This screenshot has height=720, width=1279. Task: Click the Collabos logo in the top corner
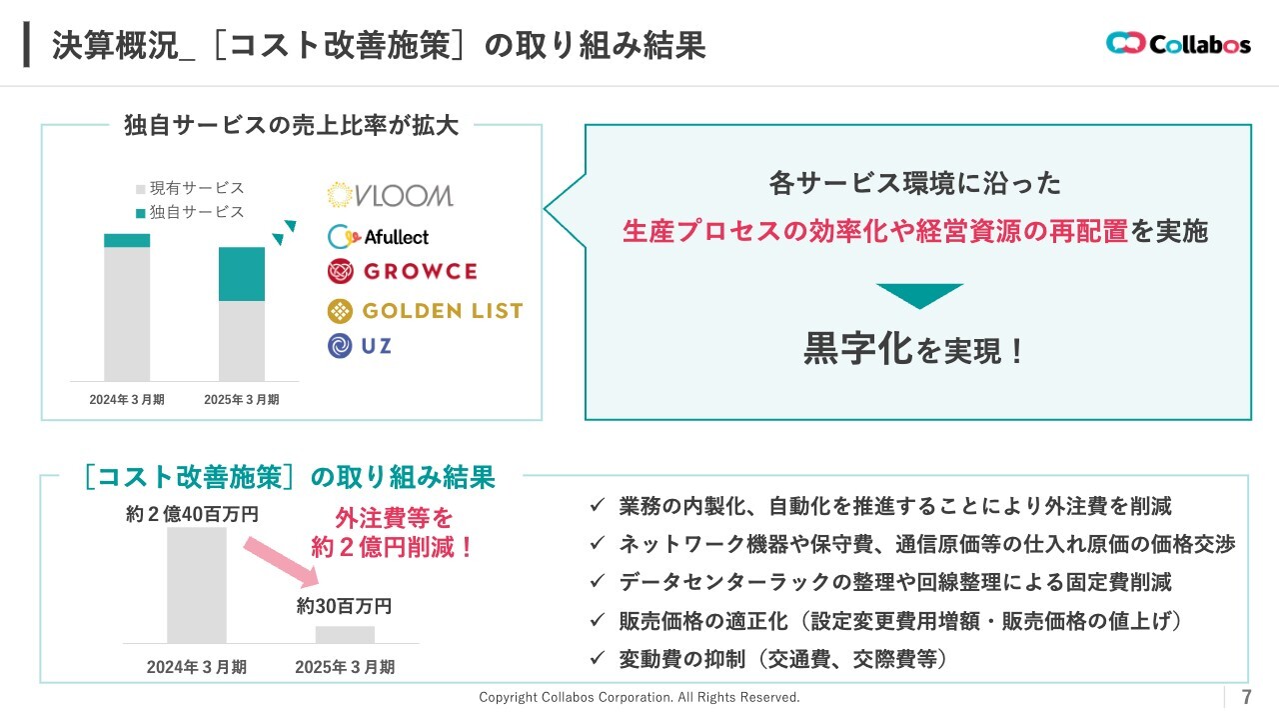point(1178,43)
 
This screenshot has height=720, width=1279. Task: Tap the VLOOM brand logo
point(391,195)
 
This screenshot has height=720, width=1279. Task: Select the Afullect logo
point(378,237)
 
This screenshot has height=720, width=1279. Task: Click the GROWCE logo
point(403,271)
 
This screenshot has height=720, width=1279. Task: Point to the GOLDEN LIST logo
point(425,311)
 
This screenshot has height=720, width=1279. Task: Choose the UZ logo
point(360,346)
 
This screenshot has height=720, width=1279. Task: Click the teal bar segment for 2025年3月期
point(242,274)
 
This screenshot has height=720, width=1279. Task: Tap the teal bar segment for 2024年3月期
point(127,241)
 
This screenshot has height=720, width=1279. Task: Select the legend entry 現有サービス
point(190,188)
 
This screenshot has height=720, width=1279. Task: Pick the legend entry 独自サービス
point(190,213)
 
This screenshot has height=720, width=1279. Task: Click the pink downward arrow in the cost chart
point(282,562)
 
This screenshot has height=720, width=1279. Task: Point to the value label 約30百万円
point(344,606)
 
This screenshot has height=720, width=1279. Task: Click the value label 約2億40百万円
point(193,514)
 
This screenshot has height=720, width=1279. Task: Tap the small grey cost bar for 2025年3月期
point(345,634)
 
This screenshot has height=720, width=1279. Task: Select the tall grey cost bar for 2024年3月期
point(197,585)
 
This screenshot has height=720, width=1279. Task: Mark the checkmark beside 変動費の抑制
point(598,658)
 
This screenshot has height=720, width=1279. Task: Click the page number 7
point(1246,697)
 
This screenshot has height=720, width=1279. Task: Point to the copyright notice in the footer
point(639,697)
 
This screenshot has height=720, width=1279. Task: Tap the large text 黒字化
point(858,348)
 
